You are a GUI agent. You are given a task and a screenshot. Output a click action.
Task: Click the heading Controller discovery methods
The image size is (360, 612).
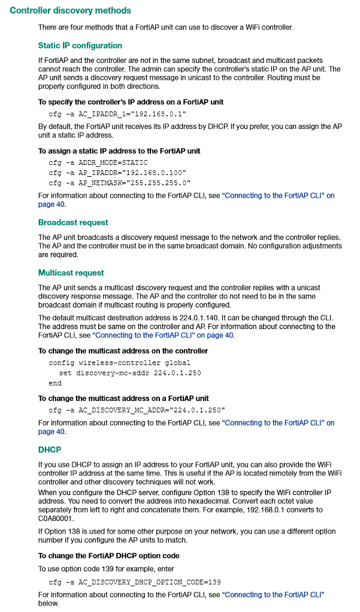click(70, 11)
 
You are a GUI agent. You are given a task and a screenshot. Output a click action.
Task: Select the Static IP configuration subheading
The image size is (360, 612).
click(80, 46)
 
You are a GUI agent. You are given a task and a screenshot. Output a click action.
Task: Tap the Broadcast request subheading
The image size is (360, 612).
click(73, 222)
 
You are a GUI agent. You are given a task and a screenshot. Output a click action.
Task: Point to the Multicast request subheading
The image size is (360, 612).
click(71, 273)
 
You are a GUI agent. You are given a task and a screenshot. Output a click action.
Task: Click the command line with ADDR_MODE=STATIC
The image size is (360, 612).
click(98, 162)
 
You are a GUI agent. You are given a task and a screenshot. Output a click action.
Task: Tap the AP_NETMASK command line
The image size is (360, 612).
click(119, 182)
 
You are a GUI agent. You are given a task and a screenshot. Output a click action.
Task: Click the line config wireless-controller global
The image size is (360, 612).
click(119, 363)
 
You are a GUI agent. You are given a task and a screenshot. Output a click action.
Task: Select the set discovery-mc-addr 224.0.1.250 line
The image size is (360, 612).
click(130, 373)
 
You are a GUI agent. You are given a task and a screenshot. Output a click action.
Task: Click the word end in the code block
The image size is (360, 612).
click(55, 383)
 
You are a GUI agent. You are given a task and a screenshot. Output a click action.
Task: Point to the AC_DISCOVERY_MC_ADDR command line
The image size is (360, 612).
click(137, 410)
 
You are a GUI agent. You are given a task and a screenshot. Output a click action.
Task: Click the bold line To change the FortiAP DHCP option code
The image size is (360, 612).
click(108, 555)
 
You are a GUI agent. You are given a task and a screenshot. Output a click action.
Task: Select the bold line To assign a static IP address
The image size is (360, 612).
click(119, 150)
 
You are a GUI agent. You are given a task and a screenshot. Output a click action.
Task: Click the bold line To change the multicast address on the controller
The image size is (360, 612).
click(123, 351)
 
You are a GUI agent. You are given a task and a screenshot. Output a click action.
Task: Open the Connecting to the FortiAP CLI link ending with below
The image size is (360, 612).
click(273, 594)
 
